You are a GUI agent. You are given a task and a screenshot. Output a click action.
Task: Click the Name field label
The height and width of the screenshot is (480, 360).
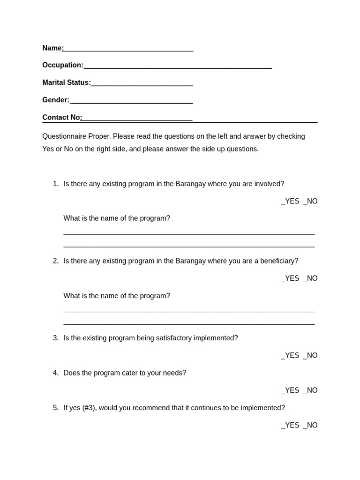point(52,48)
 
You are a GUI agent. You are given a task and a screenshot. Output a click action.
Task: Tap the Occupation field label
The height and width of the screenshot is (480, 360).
point(63,65)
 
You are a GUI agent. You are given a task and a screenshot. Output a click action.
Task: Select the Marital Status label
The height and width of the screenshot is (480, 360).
point(66,82)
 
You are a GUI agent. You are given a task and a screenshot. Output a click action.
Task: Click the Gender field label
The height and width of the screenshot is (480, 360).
point(55,100)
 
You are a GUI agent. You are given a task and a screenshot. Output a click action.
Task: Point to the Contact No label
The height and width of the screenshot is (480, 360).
point(62,117)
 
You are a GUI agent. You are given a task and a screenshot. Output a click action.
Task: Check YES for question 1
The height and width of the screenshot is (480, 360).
point(290,202)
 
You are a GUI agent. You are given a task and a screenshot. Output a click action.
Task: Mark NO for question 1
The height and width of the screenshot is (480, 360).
point(310,202)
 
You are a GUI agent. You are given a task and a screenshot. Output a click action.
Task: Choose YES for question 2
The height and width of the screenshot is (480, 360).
point(290,278)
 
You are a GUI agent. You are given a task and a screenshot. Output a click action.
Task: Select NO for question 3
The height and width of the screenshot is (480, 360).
point(310,355)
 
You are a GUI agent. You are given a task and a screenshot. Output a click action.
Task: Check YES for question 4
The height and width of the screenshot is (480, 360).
point(290,390)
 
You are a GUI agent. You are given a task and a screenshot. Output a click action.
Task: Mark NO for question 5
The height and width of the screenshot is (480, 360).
point(310,425)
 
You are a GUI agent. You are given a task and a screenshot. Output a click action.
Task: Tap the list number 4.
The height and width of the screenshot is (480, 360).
point(55,373)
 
